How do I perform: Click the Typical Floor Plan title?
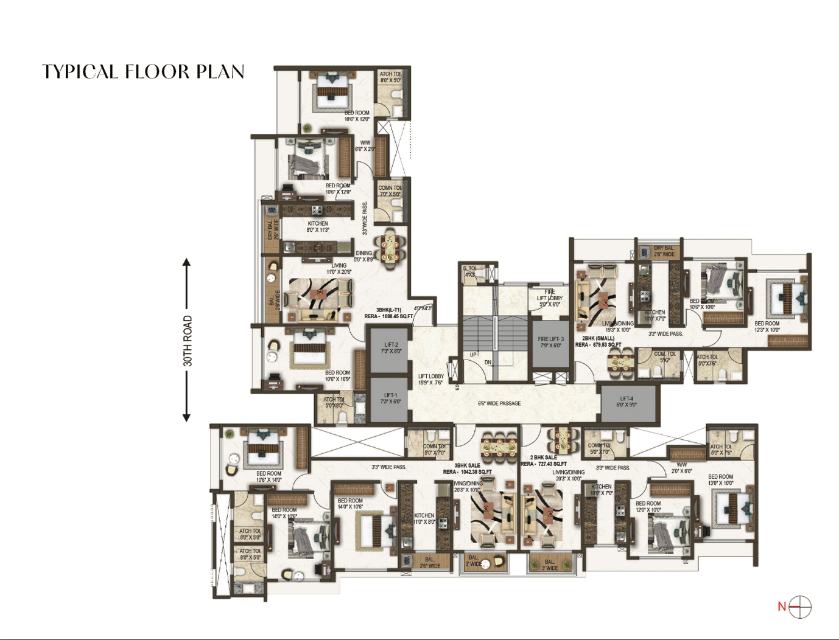point(143,72)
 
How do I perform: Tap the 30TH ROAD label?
point(188,341)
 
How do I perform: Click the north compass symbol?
point(799,607)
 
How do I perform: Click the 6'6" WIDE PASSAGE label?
point(499,403)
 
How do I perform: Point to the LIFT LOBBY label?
point(431,380)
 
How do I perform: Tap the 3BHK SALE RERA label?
point(467,468)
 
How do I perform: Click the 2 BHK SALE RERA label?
point(544,461)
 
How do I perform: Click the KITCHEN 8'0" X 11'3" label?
point(317,227)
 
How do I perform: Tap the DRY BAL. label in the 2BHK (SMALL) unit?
point(664,251)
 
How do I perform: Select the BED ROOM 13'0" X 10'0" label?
point(720,480)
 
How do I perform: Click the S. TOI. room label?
point(471,271)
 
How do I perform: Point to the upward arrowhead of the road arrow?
point(187,262)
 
